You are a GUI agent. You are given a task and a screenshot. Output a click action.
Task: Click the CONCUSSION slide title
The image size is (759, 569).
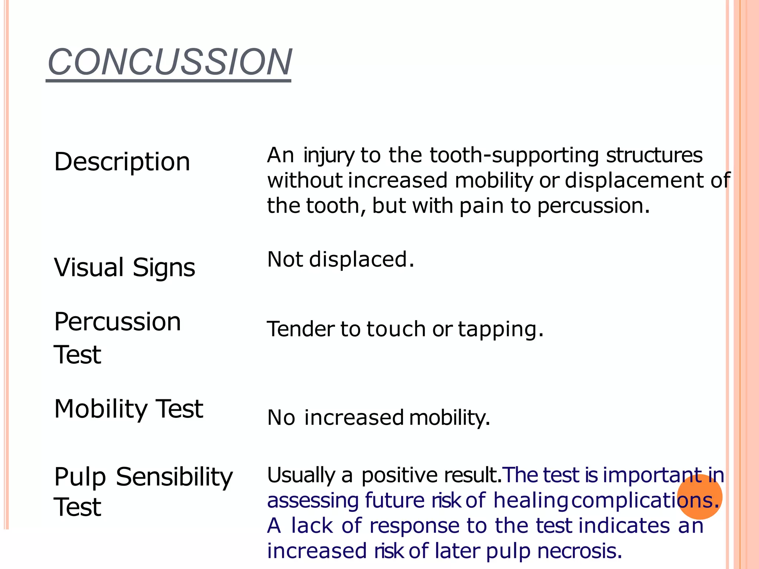(169, 62)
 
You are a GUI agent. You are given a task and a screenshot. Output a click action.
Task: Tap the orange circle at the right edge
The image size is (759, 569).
(699, 497)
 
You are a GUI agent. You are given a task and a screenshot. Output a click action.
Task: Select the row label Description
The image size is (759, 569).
(122, 162)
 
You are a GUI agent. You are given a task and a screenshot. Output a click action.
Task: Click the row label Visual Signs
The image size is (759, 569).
(125, 267)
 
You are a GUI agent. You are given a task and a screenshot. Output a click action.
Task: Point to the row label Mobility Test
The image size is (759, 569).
(129, 409)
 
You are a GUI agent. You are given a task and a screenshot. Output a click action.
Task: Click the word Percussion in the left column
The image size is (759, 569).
(117, 322)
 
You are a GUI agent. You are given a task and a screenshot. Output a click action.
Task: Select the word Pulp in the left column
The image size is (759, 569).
(80, 477)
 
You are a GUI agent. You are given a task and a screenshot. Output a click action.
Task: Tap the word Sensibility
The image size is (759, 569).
(174, 476)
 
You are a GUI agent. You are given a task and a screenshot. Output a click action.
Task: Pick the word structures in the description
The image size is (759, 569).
(654, 155)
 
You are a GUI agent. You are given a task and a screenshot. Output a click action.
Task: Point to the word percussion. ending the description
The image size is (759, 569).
(593, 206)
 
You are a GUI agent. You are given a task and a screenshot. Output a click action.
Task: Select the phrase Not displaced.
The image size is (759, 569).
(341, 259)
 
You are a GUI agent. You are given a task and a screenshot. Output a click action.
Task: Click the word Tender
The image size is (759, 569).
(301, 329)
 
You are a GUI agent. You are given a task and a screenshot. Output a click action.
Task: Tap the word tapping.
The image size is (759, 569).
(500, 329)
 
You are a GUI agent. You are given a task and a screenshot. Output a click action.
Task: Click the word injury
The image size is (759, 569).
(329, 156)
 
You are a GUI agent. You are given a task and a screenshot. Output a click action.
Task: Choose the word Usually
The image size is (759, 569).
(301, 475)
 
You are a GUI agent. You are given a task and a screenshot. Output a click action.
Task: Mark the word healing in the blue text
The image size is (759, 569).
(530, 500)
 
